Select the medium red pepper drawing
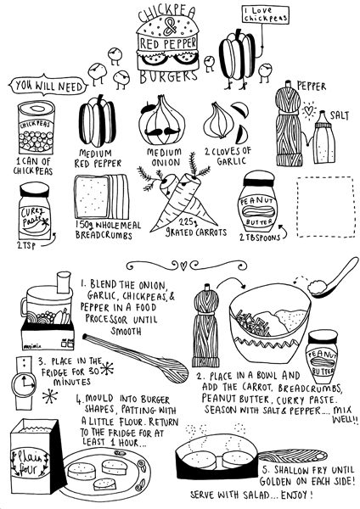(x=98, y=125)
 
